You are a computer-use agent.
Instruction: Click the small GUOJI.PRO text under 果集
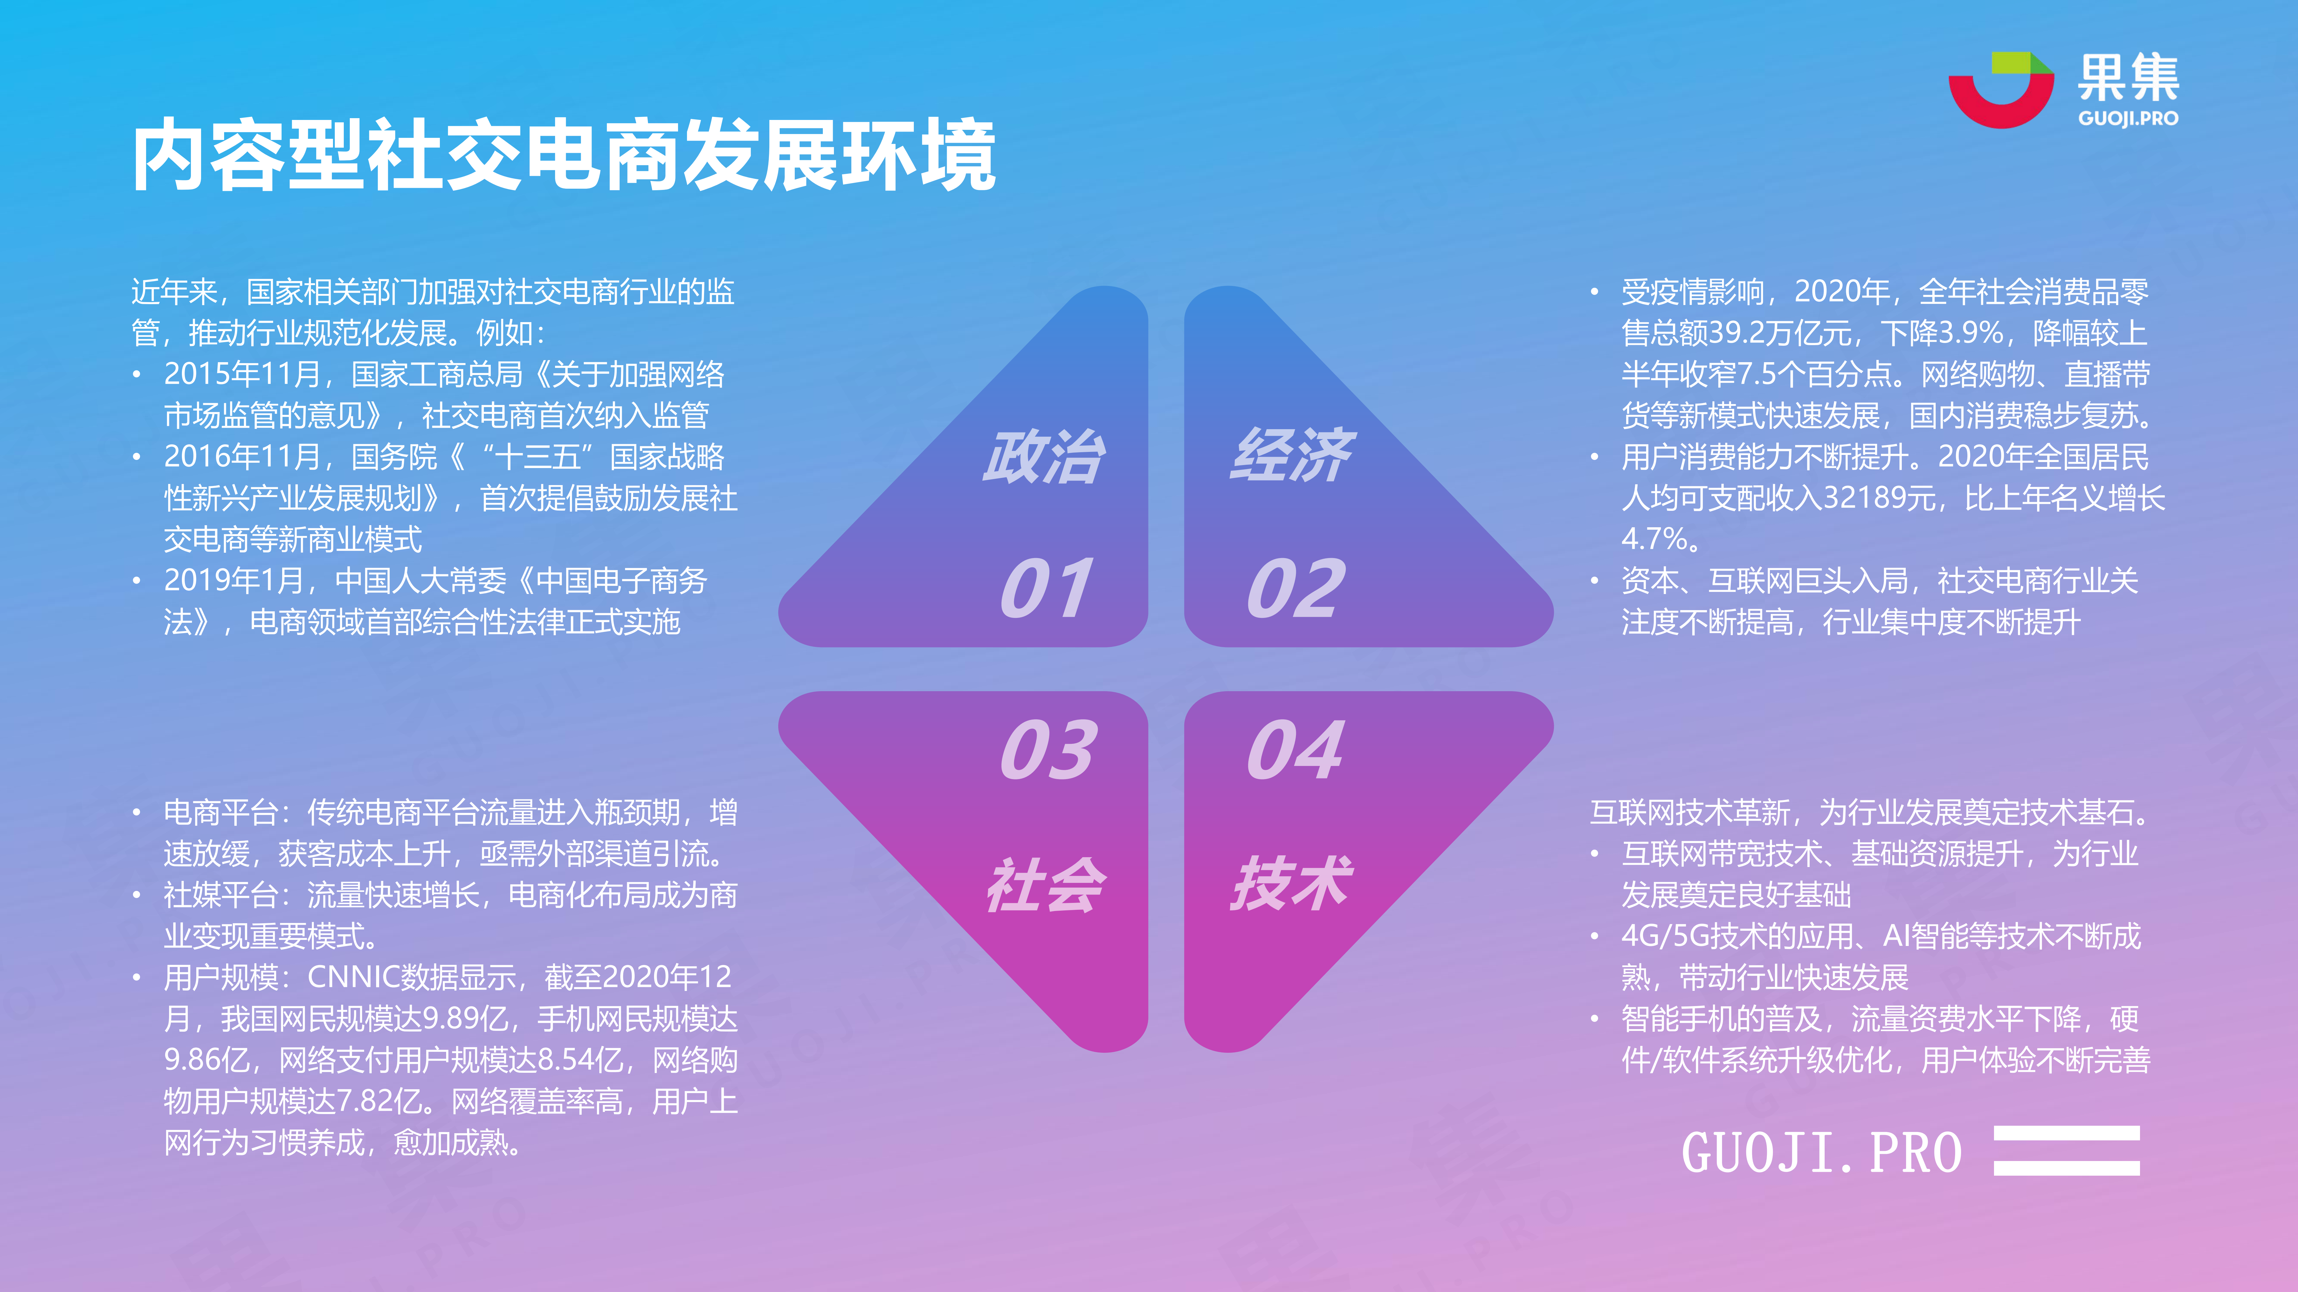(2129, 119)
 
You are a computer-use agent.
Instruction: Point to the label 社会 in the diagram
(1045, 885)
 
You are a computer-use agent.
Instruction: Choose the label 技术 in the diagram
(1292, 884)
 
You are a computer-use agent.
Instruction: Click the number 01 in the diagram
(1046, 589)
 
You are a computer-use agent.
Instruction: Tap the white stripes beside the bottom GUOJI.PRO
(2067, 1150)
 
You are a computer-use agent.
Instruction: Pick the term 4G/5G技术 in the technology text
(1694, 936)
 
